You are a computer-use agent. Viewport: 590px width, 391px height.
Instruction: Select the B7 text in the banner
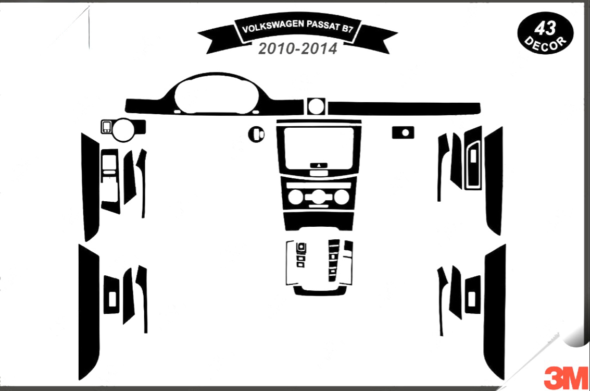(347, 28)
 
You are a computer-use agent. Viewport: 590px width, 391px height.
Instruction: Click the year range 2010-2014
(298, 49)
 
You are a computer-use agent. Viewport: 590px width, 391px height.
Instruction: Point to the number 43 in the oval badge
(545, 28)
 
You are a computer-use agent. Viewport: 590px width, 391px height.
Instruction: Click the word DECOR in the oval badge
(545, 43)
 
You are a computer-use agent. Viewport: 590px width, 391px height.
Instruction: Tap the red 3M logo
(566, 378)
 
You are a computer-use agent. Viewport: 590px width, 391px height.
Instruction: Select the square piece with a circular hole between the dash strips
(316, 106)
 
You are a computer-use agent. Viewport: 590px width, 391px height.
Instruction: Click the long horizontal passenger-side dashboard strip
(404, 107)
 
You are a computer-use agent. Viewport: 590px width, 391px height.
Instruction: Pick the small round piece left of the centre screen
(256, 134)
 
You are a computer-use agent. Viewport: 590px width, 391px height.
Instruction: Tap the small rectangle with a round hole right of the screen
(403, 132)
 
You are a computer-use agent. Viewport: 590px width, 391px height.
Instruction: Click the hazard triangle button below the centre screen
(319, 165)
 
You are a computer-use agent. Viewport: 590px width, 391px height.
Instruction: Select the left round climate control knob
(296, 198)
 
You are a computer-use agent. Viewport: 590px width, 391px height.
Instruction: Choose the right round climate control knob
(341, 198)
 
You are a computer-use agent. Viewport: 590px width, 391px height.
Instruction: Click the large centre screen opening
(319, 148)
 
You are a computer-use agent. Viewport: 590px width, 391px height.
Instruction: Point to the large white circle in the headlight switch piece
(123, 130)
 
